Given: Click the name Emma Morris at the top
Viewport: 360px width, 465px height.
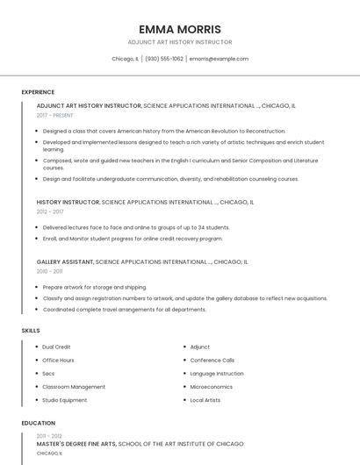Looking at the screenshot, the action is click(x=180, y=29).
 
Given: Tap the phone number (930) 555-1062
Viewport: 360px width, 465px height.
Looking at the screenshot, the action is click(x=164, y=59).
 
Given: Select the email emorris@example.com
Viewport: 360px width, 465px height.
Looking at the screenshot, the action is click(x=219, y=59).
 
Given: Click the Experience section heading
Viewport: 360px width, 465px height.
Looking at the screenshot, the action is click(x=38, y=92).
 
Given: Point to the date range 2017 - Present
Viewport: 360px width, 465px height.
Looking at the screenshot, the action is click(x=56, y=115).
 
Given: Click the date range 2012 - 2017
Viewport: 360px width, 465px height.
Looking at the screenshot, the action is click(x=50, y=211).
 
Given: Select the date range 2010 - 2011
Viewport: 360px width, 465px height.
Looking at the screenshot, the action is click(x=49, y=271).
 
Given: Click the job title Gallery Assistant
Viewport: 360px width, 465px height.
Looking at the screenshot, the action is click(x=65, y=261).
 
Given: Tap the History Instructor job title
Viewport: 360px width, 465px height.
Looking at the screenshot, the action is click(x=68, y=202).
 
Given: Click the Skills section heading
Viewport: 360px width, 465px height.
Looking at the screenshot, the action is click(x=31, y=330).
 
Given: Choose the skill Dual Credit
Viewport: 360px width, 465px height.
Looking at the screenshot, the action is click(x=56, y=347).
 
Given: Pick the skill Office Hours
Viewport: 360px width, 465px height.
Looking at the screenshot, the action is click(x=58, y=360).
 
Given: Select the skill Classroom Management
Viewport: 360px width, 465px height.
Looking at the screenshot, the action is click(x=74, y=387).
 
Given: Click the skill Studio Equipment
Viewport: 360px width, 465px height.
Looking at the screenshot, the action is click(x=64, y=400).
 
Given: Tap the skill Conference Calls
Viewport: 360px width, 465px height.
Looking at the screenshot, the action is click(x=212, y=360).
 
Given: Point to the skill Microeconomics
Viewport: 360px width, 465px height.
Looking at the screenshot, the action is click(x=211, y=387).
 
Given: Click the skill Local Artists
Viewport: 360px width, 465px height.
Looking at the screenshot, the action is click(x=206, y=400).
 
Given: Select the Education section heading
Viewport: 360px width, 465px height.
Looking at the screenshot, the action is click(x=38, y=423).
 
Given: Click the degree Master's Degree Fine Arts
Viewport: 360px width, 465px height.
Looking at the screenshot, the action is click(x=76, y=444).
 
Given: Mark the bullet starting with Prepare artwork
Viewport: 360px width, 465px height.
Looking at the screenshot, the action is click(x=94, y=287).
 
